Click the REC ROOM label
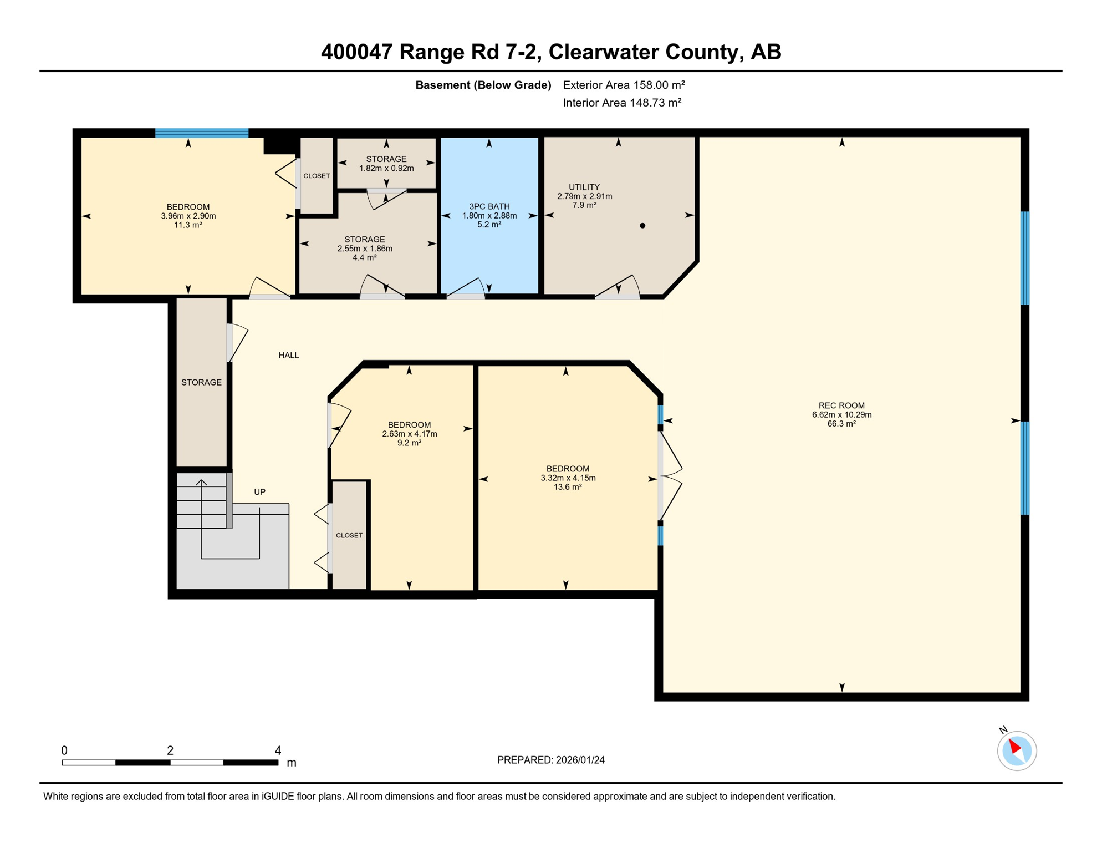(x=841, y=405)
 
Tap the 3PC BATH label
(x=489, y=206)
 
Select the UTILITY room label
(x=584, y=187)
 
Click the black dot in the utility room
(x=642, y=226)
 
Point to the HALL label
(x=289, y=355)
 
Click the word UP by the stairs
(x=259, y=492)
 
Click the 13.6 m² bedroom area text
(x=568, y=487)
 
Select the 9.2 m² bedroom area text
(x=409, y=443)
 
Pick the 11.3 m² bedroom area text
(x=188, y=225)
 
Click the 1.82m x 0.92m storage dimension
(x=386, y=168)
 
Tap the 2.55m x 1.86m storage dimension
(x=365, y=248)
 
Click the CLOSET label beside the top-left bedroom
(x=317, y=176)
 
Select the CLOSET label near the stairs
(x=349, y=535)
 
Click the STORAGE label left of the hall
(x=201, y=382)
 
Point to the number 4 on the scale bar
(x=278, y=750)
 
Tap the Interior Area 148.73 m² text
(x=622, y=103)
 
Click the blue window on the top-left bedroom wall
(x=202, y=133)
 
